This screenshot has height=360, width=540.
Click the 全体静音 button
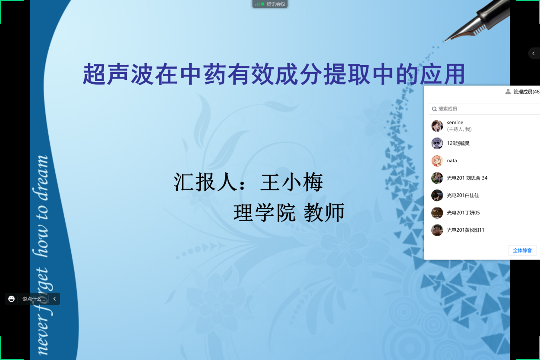coord(522,250)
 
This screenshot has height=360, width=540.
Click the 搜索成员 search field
coord(484,109)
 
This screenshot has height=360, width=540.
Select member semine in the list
coord(455,123)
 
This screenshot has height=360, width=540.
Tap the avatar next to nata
coord(437,161)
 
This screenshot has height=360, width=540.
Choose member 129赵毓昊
coord(458,143)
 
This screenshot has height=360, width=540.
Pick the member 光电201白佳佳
coord(463,195)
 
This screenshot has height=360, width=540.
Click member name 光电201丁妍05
coord(463,213)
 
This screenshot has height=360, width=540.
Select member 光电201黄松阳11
coord(465,230)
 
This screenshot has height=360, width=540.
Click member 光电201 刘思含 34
coord(467,178)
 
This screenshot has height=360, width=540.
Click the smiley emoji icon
coord(11,299)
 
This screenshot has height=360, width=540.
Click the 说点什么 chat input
coord(34,299)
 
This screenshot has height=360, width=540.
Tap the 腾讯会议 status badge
coord(270,4)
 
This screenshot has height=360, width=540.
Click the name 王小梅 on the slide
coord(291,182)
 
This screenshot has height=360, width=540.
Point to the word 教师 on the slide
coord(324,212)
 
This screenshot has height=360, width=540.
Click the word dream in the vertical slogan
coord(41,178)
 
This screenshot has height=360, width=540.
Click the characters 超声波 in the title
coord(118,74)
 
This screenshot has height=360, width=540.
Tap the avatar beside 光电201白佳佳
coord(437,195)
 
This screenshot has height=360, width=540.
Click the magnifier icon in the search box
coord(434,109)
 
